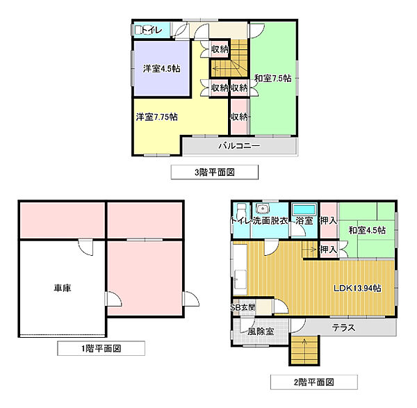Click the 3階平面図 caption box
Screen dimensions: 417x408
214,172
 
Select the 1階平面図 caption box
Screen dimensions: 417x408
101,348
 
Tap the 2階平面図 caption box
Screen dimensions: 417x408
314,382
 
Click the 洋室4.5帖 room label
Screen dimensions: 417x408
161,69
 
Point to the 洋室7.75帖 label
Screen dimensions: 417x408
156,117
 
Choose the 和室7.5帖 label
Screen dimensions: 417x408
273,79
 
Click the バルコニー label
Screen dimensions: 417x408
239,145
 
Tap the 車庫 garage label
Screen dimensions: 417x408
63,288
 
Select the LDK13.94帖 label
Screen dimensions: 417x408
357,288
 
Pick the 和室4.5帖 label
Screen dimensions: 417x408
367,230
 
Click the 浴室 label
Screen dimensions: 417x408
304,220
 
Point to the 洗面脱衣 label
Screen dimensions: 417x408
270,220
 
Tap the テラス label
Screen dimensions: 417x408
343,327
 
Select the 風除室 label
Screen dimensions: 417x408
261,332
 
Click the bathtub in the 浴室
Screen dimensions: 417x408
304,210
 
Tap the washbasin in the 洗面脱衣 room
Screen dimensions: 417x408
262,209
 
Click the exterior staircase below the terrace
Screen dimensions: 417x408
304,350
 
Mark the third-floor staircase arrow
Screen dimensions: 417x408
227,69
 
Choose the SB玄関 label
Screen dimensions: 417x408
243,307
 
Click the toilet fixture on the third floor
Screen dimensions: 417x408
138,30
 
